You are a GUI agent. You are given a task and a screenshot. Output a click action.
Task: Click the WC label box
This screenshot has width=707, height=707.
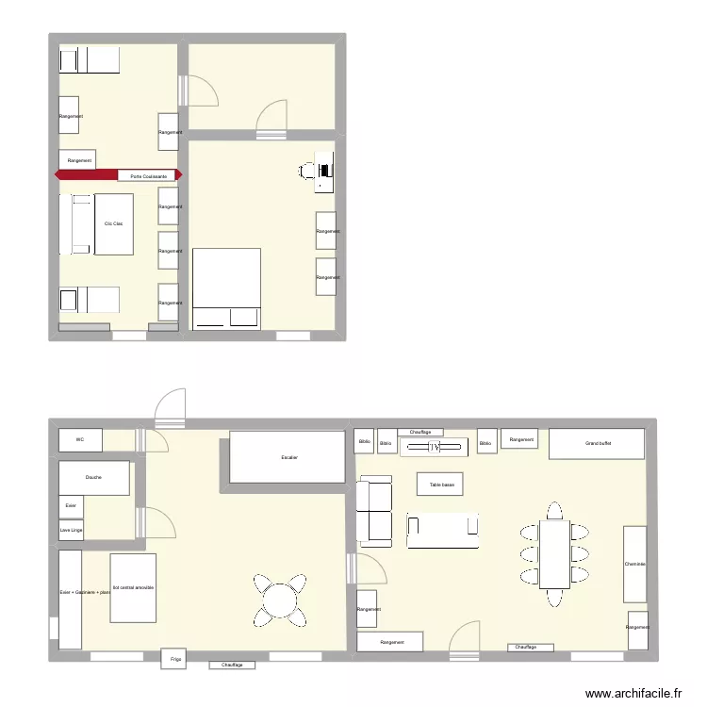81,440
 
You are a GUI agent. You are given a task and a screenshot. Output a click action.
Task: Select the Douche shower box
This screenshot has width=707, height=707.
93,478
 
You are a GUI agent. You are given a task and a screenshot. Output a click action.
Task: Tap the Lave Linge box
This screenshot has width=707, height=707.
71,531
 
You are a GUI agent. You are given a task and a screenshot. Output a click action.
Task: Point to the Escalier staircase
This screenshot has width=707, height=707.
288,457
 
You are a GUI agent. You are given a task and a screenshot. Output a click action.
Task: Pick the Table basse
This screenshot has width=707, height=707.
441,484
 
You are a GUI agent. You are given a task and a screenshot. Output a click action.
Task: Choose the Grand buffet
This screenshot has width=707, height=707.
598,443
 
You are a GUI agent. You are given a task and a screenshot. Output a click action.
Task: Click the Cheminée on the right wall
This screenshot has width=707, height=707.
634,565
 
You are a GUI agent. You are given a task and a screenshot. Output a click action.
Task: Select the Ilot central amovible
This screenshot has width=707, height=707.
133,587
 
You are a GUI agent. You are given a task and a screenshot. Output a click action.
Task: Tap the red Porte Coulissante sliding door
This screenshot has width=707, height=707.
119,175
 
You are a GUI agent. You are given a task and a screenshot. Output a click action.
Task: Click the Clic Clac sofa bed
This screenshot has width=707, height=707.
113,223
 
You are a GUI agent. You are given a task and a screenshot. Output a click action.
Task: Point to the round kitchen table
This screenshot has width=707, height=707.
280,600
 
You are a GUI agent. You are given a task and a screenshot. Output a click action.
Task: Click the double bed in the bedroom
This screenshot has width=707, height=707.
226,288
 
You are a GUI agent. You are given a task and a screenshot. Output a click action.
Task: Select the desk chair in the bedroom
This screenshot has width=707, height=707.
308,171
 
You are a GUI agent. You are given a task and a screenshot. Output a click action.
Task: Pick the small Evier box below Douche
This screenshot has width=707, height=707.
71,506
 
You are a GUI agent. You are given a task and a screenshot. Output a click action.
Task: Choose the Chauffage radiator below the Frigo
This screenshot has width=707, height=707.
232,666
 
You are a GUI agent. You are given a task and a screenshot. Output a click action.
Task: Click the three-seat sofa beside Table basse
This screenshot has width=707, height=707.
442,530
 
